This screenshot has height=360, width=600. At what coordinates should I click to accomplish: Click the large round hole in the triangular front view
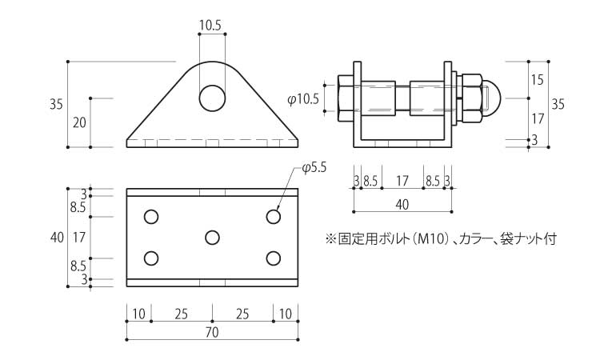212,98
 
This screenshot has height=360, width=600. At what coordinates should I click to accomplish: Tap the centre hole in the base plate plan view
212,238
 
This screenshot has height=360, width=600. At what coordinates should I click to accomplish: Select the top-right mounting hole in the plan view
274,217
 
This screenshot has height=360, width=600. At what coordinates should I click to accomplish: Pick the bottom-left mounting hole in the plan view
151,258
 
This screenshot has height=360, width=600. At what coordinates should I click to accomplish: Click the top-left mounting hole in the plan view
151,217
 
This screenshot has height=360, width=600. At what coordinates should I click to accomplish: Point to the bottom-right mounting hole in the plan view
274,258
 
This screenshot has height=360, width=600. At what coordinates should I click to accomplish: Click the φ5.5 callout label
314,167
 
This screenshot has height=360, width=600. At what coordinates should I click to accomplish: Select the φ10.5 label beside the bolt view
303,100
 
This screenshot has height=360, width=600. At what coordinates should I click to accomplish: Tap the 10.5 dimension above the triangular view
210,26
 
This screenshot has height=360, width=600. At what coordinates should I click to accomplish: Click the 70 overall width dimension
212,333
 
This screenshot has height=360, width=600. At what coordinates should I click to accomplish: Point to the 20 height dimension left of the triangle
79,123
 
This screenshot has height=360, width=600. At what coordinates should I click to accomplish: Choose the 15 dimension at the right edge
538,80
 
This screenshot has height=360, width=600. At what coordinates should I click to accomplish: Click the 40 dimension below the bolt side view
402,205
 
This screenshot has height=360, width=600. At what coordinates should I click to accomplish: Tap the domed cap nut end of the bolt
490,98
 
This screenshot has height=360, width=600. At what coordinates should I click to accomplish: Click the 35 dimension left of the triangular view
56,104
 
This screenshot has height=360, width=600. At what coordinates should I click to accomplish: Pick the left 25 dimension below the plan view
182,314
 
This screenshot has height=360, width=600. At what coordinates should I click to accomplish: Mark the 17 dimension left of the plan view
79,238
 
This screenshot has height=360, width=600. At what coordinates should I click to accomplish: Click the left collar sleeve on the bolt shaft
378,98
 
